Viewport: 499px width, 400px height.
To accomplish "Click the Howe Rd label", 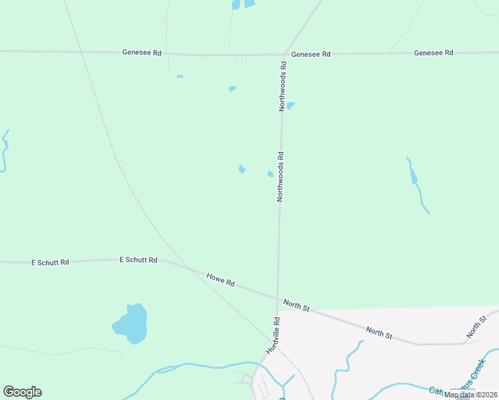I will click(x=220, y=280).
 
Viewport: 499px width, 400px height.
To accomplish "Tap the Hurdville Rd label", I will click(x=273, y=335).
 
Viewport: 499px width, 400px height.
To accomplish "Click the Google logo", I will click(x=22, y=392).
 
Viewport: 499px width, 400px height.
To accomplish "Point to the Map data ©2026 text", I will click(x=470, y=395).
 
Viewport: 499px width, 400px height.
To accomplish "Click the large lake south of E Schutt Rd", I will click(x=131, y=323).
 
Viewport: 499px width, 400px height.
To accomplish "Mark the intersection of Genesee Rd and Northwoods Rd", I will click(x=285, y=54).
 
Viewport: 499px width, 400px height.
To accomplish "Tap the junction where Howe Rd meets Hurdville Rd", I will click(x=278, y=298).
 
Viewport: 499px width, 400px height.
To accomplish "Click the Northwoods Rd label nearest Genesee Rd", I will click(x=283, y=85).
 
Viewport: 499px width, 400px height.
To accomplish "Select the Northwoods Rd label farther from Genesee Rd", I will click(x=281, y=177).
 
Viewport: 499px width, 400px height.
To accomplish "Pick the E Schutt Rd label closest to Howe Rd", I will click(x=138, y=259).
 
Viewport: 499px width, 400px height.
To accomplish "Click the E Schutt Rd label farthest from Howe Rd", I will click(x=51, y=263).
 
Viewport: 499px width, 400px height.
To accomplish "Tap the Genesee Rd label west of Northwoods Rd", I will click(x=142, y=51).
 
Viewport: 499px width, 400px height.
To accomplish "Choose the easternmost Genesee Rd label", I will click(x=434, y=53).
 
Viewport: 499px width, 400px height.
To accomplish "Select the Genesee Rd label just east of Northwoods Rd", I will click(x=311, y=54).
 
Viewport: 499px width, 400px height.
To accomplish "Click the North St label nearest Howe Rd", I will click(x=296, y=305).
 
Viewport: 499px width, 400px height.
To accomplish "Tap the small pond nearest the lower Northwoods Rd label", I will click(x=270, y=174).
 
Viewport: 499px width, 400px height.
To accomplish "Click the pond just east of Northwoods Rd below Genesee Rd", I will click(x=290, y=105).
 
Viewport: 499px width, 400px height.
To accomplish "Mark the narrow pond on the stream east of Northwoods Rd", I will click(x=414, y=176).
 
